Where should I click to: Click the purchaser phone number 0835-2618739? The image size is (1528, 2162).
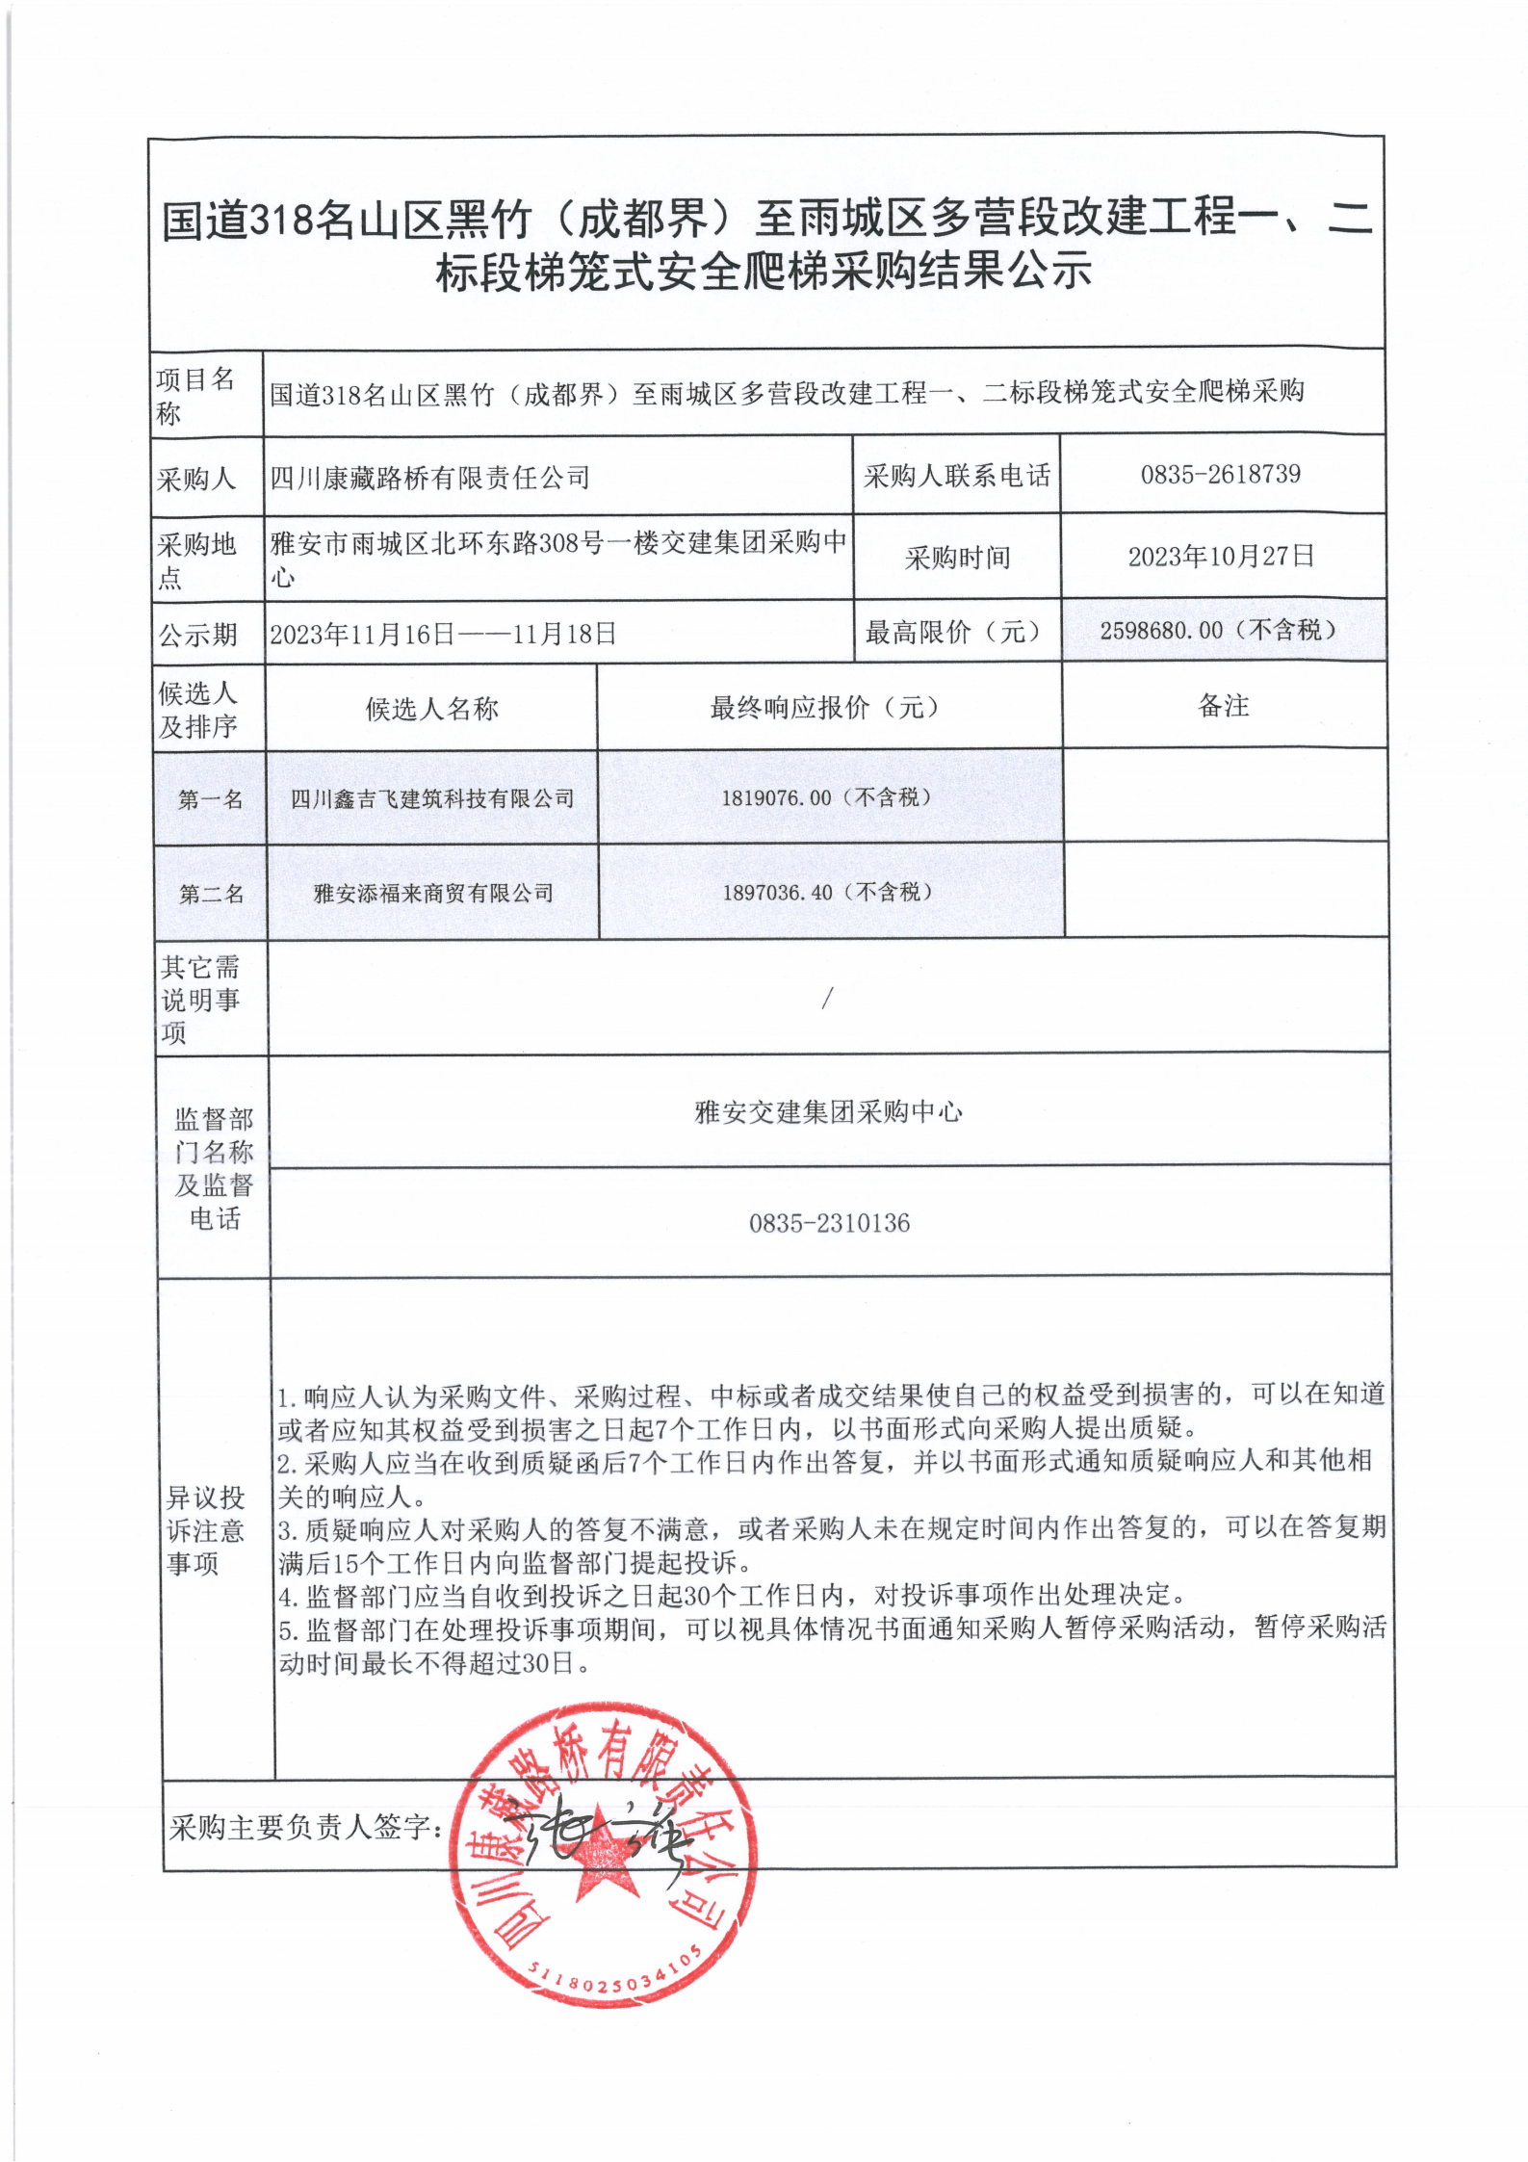click(x=1220, y=474)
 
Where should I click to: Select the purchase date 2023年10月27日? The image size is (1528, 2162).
click(x=1221, y=557)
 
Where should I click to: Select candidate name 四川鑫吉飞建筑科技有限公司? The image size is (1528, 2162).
click(x=432, y=798)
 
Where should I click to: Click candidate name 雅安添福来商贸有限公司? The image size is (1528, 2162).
click(x=433, y=894)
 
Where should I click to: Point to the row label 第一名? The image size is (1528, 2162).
click(x=210, y=799)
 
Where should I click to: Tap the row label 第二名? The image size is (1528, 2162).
click(x=211, y=895)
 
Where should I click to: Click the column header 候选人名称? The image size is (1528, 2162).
click(x=431, y=710)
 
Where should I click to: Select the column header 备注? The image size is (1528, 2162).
click(x=1223, y=706)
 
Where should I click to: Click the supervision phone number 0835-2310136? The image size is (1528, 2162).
click(x=829, y=1223)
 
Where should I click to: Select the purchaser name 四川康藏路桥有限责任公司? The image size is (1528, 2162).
click(x=429, y=477)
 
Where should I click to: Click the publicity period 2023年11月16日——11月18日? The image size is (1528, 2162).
click(x=443, y=634)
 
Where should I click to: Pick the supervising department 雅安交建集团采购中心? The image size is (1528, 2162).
click(x=828, y=1112)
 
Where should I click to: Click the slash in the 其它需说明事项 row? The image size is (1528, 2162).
click(x=826, y=1000)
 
